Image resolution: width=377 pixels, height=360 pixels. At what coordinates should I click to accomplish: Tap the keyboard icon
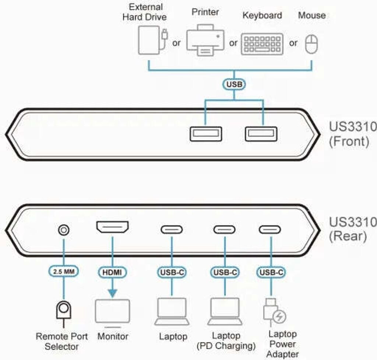[262, 44]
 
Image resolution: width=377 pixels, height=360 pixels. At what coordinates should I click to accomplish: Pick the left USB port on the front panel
[206, 134]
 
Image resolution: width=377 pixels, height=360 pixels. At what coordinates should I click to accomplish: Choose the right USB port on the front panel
[261, 134]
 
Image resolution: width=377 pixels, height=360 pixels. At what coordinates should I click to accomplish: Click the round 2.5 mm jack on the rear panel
[64, 230]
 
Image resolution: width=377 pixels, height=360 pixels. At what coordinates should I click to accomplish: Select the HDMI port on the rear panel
[112, 227]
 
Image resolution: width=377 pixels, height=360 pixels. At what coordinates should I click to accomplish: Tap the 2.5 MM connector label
[64, 272]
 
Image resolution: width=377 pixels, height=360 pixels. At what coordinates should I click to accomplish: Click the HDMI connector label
[112, 272]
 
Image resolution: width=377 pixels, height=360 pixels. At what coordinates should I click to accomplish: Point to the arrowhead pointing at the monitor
[112, 293]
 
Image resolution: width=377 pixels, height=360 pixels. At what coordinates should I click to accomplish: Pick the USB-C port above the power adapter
[269, 230]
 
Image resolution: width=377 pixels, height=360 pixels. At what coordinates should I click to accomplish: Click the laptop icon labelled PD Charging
[225, 311]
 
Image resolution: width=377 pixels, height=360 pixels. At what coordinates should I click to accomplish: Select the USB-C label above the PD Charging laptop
[225, 273]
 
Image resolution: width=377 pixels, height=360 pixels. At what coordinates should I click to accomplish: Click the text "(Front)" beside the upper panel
[348, 141]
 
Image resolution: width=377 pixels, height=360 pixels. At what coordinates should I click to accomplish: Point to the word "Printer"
[205, 12]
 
